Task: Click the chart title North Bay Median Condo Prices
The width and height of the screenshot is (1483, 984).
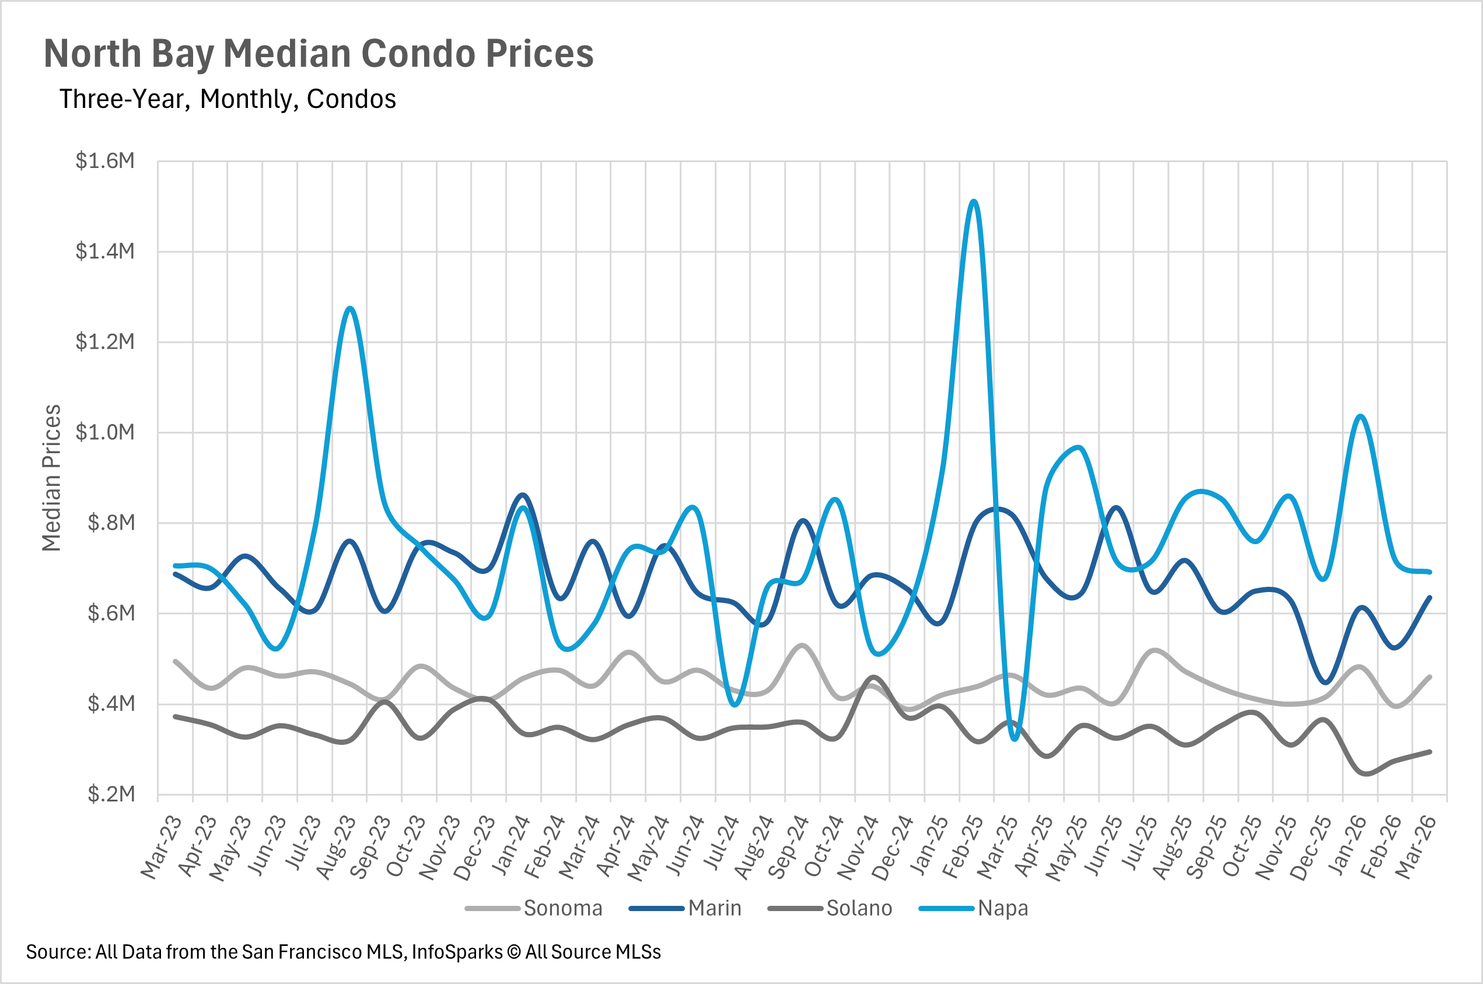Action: point(318,54)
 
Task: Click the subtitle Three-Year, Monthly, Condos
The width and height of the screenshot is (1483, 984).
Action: point(227,99)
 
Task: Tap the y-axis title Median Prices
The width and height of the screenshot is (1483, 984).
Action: point(51,478)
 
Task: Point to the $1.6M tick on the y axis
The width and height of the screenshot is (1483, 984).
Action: point(105,162)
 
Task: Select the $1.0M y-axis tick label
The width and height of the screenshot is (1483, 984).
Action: point(105,432)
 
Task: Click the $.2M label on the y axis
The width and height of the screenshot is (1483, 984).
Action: point(110,794)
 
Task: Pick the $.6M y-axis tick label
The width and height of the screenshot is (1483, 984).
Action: point(110,613)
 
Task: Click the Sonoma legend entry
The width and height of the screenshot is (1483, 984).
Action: point(562,908)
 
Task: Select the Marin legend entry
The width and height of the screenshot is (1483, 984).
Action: point(714,908)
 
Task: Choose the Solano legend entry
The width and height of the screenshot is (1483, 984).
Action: point(859,908)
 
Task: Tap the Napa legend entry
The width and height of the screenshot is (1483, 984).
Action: point(1002,908)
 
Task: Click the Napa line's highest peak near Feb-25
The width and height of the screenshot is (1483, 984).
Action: point(973,201)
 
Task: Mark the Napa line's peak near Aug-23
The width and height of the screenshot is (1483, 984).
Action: point(350,308)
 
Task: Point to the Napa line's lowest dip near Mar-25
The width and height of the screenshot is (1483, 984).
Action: point(1015,739)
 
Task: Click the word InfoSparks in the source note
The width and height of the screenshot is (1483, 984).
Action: point(457,952)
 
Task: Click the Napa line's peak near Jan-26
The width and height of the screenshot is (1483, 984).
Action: point(1360,416)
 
